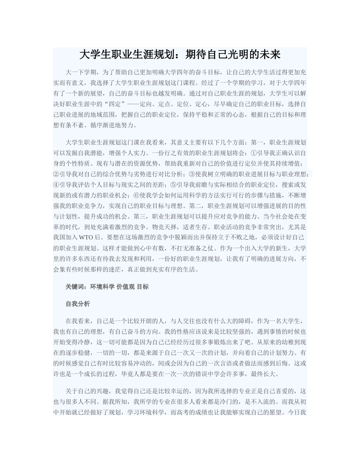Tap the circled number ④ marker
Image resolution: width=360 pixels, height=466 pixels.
pos(56,185)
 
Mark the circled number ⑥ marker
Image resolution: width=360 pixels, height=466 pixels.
pos(135,195)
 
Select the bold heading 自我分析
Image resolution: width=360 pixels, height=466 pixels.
pos(78,304)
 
